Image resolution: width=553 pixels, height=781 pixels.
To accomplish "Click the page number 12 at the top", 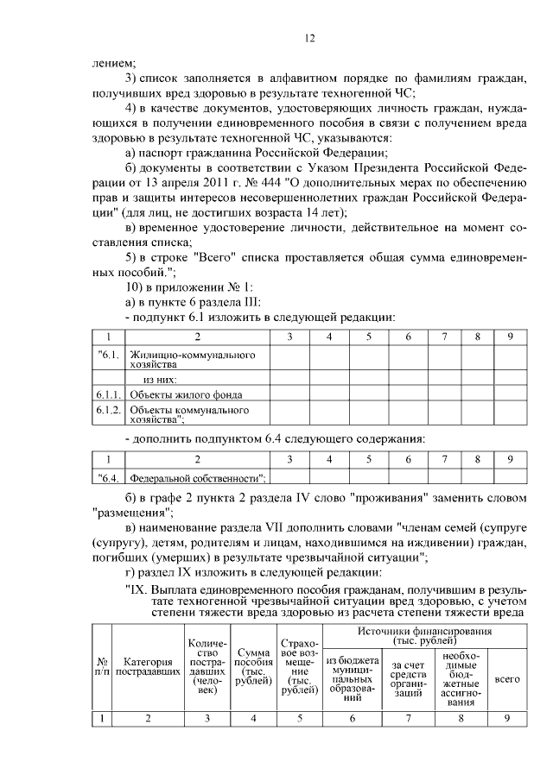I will pyautogui.click(x=310, y=38).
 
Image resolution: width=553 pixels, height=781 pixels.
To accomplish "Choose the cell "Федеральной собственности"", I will pyautogui.click(x=197, y=477).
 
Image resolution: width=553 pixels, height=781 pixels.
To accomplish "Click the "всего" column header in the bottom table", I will pyautogui.click(x=507, y=680).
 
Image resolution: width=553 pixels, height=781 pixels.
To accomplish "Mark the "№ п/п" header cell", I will pyautogui.click(x=102, y=669).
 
